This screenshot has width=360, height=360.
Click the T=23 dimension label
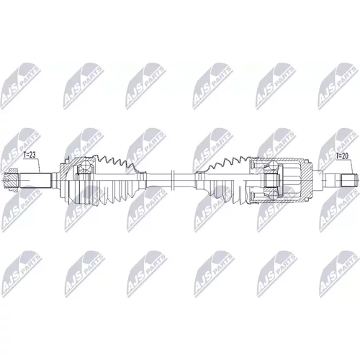coord(30,155)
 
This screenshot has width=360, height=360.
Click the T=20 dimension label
coord(342,156)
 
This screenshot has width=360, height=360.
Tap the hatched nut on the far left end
coord(12,180)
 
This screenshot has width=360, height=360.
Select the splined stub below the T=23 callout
coord(35,180)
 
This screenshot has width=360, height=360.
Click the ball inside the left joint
coord(85,166)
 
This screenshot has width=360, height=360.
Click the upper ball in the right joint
coord(273,166)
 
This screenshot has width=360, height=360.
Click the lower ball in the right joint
coord(273,196)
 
